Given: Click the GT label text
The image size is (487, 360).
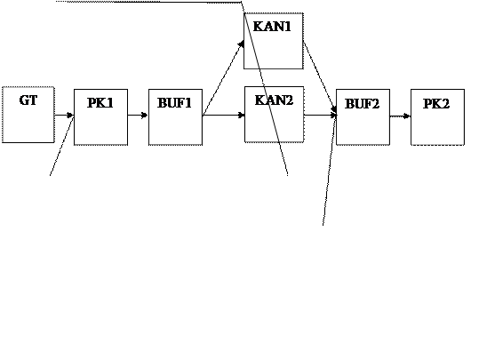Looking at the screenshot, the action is pos(28,100).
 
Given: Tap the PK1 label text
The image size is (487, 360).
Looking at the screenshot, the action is pos(100,103).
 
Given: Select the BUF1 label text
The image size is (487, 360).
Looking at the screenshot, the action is pos(174,103).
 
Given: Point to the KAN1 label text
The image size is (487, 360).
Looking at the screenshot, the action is pos(272,27).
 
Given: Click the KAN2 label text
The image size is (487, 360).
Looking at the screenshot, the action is pos(274,100).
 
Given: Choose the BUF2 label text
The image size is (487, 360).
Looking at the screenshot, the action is pos(363,103).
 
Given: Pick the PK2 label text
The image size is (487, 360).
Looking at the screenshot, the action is pos(436,103).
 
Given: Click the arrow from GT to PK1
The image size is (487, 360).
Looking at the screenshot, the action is pos(64,116).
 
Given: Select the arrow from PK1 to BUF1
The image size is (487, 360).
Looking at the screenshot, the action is pos(138,116).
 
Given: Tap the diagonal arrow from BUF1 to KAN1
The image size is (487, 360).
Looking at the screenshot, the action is pos(223,78).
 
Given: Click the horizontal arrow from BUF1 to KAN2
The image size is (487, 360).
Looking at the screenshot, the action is pos(224,116).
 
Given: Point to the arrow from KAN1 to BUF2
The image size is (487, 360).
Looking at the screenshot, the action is pos(320,77).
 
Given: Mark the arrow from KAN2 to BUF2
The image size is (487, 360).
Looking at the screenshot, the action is pos(321,116).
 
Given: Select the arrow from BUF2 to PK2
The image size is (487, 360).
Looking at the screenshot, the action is pos(400,116).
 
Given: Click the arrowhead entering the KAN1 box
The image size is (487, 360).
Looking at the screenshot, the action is pos(242,44).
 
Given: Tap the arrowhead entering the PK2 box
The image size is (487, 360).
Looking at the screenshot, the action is pos(406,116).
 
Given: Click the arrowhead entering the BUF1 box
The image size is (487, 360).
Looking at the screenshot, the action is pos(145,116).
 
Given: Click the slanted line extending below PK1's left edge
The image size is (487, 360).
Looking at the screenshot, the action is pos(62,146).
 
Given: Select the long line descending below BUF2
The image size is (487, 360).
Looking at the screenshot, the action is pos(330,170).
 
